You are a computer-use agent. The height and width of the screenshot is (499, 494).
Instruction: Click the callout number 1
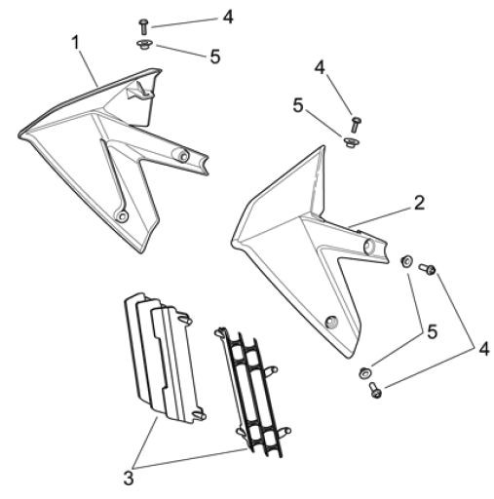76,43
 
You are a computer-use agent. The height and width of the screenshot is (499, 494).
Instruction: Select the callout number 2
419,203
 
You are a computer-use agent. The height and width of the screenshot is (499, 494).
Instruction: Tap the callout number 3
129,478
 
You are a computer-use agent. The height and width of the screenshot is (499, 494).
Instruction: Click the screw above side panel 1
143,26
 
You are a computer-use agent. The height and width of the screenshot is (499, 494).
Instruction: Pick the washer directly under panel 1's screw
143,44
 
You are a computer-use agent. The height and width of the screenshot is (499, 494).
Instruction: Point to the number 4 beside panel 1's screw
228,17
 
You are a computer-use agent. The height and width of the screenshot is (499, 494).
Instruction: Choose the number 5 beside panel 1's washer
215,57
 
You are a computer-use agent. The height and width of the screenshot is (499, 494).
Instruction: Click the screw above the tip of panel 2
356,124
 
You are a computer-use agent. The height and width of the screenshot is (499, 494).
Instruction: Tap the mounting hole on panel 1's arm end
183,155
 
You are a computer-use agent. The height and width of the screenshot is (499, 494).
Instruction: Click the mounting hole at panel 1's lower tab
122,215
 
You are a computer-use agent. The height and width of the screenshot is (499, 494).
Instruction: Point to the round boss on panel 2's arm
369,247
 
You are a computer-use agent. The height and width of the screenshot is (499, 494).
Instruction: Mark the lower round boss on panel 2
331,322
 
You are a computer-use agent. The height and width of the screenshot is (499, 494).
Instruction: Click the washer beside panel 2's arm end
406,261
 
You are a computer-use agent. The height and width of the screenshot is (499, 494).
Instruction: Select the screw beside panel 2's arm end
427,268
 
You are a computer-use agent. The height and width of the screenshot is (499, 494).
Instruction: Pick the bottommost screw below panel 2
375,390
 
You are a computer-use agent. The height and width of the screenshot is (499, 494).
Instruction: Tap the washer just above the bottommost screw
364,373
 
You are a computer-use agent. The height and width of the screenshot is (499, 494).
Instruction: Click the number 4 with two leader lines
483,349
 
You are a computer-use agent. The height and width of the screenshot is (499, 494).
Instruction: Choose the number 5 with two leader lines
432,331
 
